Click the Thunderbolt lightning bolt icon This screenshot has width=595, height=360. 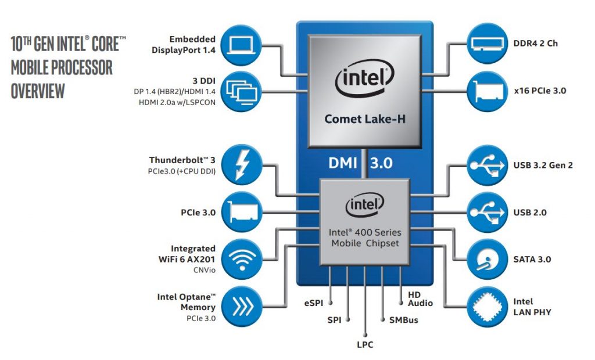coord(242,165)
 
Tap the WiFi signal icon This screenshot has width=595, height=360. coord(242,260)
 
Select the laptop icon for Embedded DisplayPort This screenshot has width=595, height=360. coord(241,45)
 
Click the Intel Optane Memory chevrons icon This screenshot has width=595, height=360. coord(242,307)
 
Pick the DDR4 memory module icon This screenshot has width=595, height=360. coord(488,43)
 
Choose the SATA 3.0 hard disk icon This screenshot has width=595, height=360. coord(488,260)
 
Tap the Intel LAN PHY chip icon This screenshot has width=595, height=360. coord(488,307)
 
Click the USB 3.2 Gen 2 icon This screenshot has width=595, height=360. coord(488,165)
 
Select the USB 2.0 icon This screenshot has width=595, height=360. coord(488,213)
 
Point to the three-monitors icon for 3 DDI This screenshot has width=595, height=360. coord(241,91)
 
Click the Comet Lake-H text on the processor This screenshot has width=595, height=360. coord(365,119)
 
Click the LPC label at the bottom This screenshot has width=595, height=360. coord(365,345)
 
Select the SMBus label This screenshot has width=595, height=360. coord(404,320)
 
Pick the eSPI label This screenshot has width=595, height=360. coord(314,303)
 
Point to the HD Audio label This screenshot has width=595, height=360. coord(421,299)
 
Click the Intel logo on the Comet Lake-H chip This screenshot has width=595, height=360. coord(365,78)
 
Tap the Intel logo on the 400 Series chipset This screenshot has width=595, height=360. coord(365,205)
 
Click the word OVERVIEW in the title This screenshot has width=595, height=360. coord(38,91)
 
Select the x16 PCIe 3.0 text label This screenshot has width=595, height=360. coord(540,91)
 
